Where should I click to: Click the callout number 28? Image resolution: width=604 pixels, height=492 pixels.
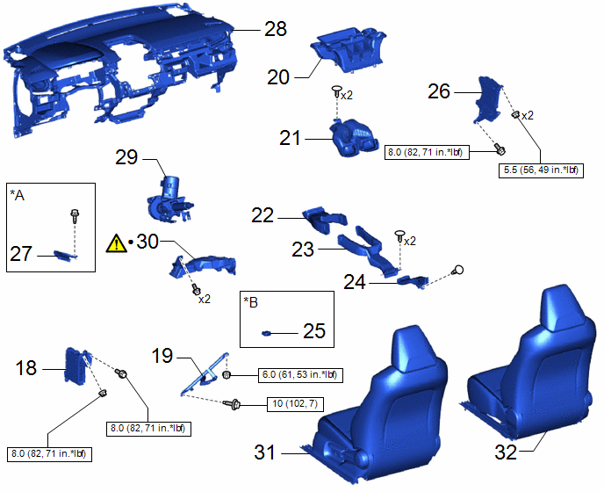276,29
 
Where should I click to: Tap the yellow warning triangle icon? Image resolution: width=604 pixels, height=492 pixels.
116,243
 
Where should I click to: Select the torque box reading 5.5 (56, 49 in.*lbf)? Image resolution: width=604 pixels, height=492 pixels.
541,170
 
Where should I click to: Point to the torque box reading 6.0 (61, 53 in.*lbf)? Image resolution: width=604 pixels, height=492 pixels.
300,375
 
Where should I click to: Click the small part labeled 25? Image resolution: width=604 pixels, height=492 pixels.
267,333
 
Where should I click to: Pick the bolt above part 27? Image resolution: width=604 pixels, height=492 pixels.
75,215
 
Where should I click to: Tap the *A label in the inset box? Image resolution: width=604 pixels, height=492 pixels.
18,196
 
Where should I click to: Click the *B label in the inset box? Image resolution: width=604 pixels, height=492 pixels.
251,303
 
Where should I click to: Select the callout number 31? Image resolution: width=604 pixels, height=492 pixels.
264,452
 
